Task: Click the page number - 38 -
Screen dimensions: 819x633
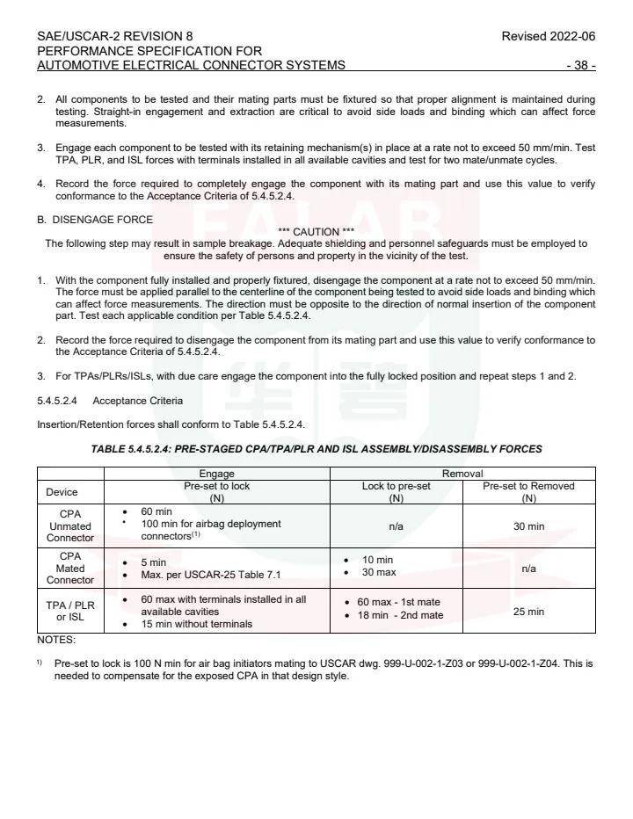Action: tap(581, 65)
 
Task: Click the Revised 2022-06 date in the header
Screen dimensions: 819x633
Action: tap(548, 36)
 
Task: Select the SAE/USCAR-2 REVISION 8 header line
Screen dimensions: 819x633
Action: tap(115, 36)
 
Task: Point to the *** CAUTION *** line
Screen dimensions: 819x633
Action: tap(316, 232)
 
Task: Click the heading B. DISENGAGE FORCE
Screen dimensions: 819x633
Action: tap(95, 220)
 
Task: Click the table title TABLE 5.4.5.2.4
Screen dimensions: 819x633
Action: tap(316, 449)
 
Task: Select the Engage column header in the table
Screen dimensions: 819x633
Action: tap(217, 473)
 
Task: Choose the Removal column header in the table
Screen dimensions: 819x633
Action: tap(462, 473)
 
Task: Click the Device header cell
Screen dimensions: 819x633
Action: tap(70, 492)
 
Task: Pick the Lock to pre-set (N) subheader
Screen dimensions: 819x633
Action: tap(396, 491)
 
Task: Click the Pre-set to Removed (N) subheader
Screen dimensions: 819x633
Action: tap(528, 491)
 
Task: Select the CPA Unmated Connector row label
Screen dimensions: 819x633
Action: tap(70, 525)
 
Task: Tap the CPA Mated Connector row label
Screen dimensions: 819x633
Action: tap(70, 568)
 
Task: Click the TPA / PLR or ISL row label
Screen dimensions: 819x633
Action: tap(70, 611)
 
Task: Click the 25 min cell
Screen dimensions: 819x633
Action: tap(528, 611)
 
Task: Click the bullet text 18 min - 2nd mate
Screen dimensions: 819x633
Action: tap(400, 615)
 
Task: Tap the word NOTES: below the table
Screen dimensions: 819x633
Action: tap(56, 640)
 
